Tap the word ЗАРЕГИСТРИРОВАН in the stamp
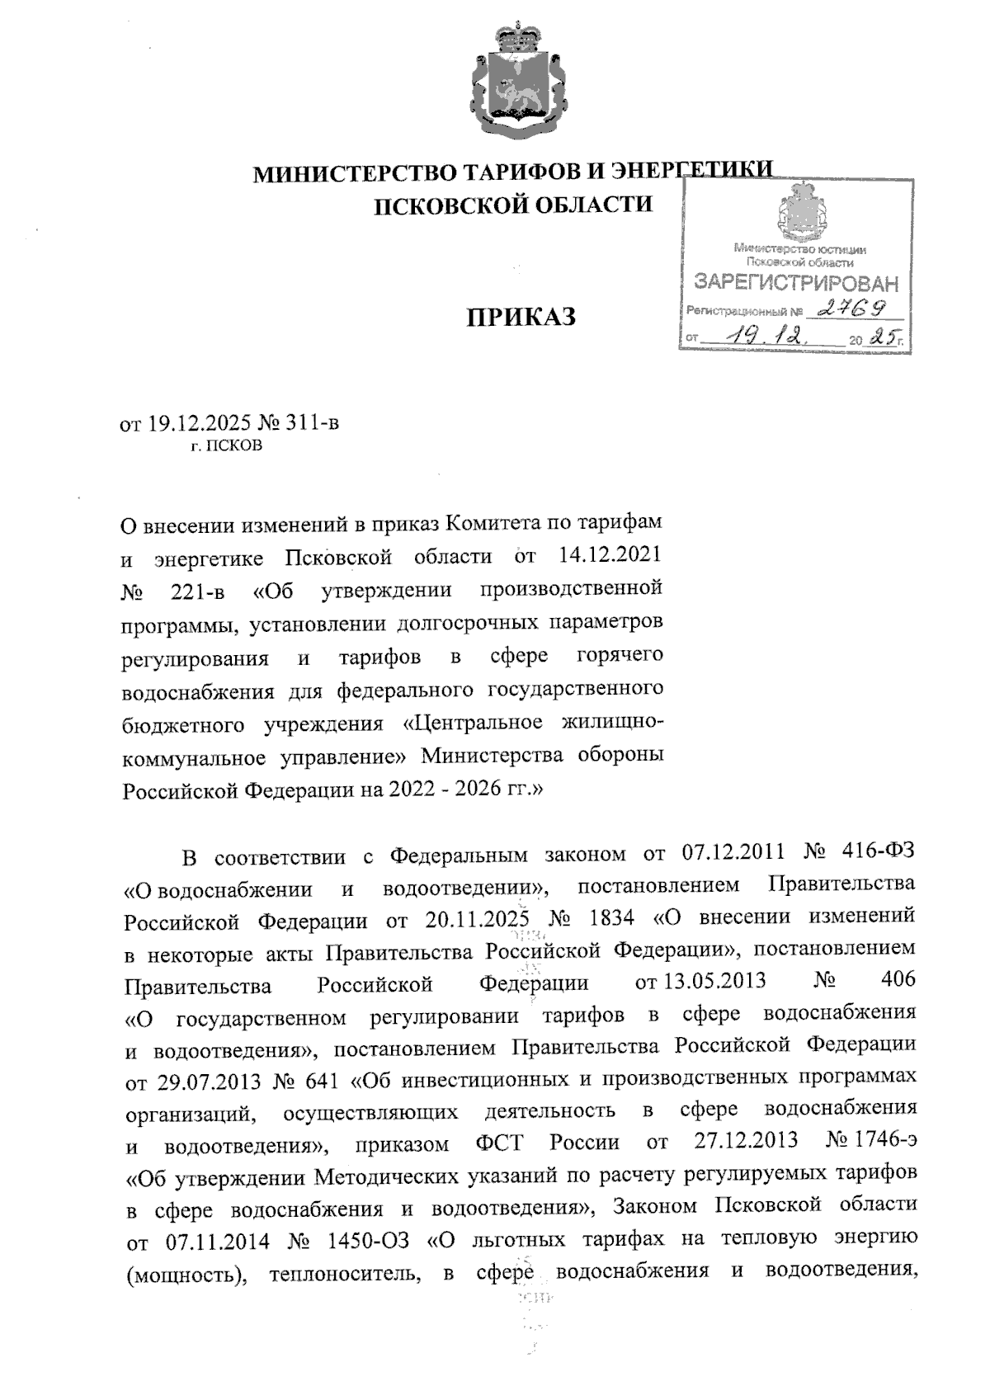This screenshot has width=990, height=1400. (795, 285)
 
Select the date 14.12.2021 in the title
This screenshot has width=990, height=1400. (609, 557)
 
